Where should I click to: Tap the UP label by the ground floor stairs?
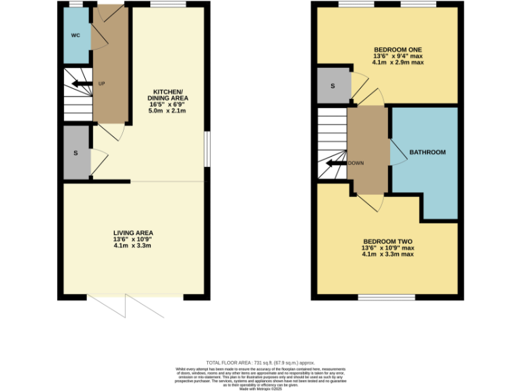102,83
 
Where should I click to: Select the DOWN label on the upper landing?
356,164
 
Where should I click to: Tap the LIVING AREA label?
133,234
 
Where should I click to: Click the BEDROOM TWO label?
388,242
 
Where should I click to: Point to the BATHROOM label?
427,152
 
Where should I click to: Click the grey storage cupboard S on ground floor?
76,153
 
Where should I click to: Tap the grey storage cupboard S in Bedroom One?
333,86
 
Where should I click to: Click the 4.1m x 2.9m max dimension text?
398,62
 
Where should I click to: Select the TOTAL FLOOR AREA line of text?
260,363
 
